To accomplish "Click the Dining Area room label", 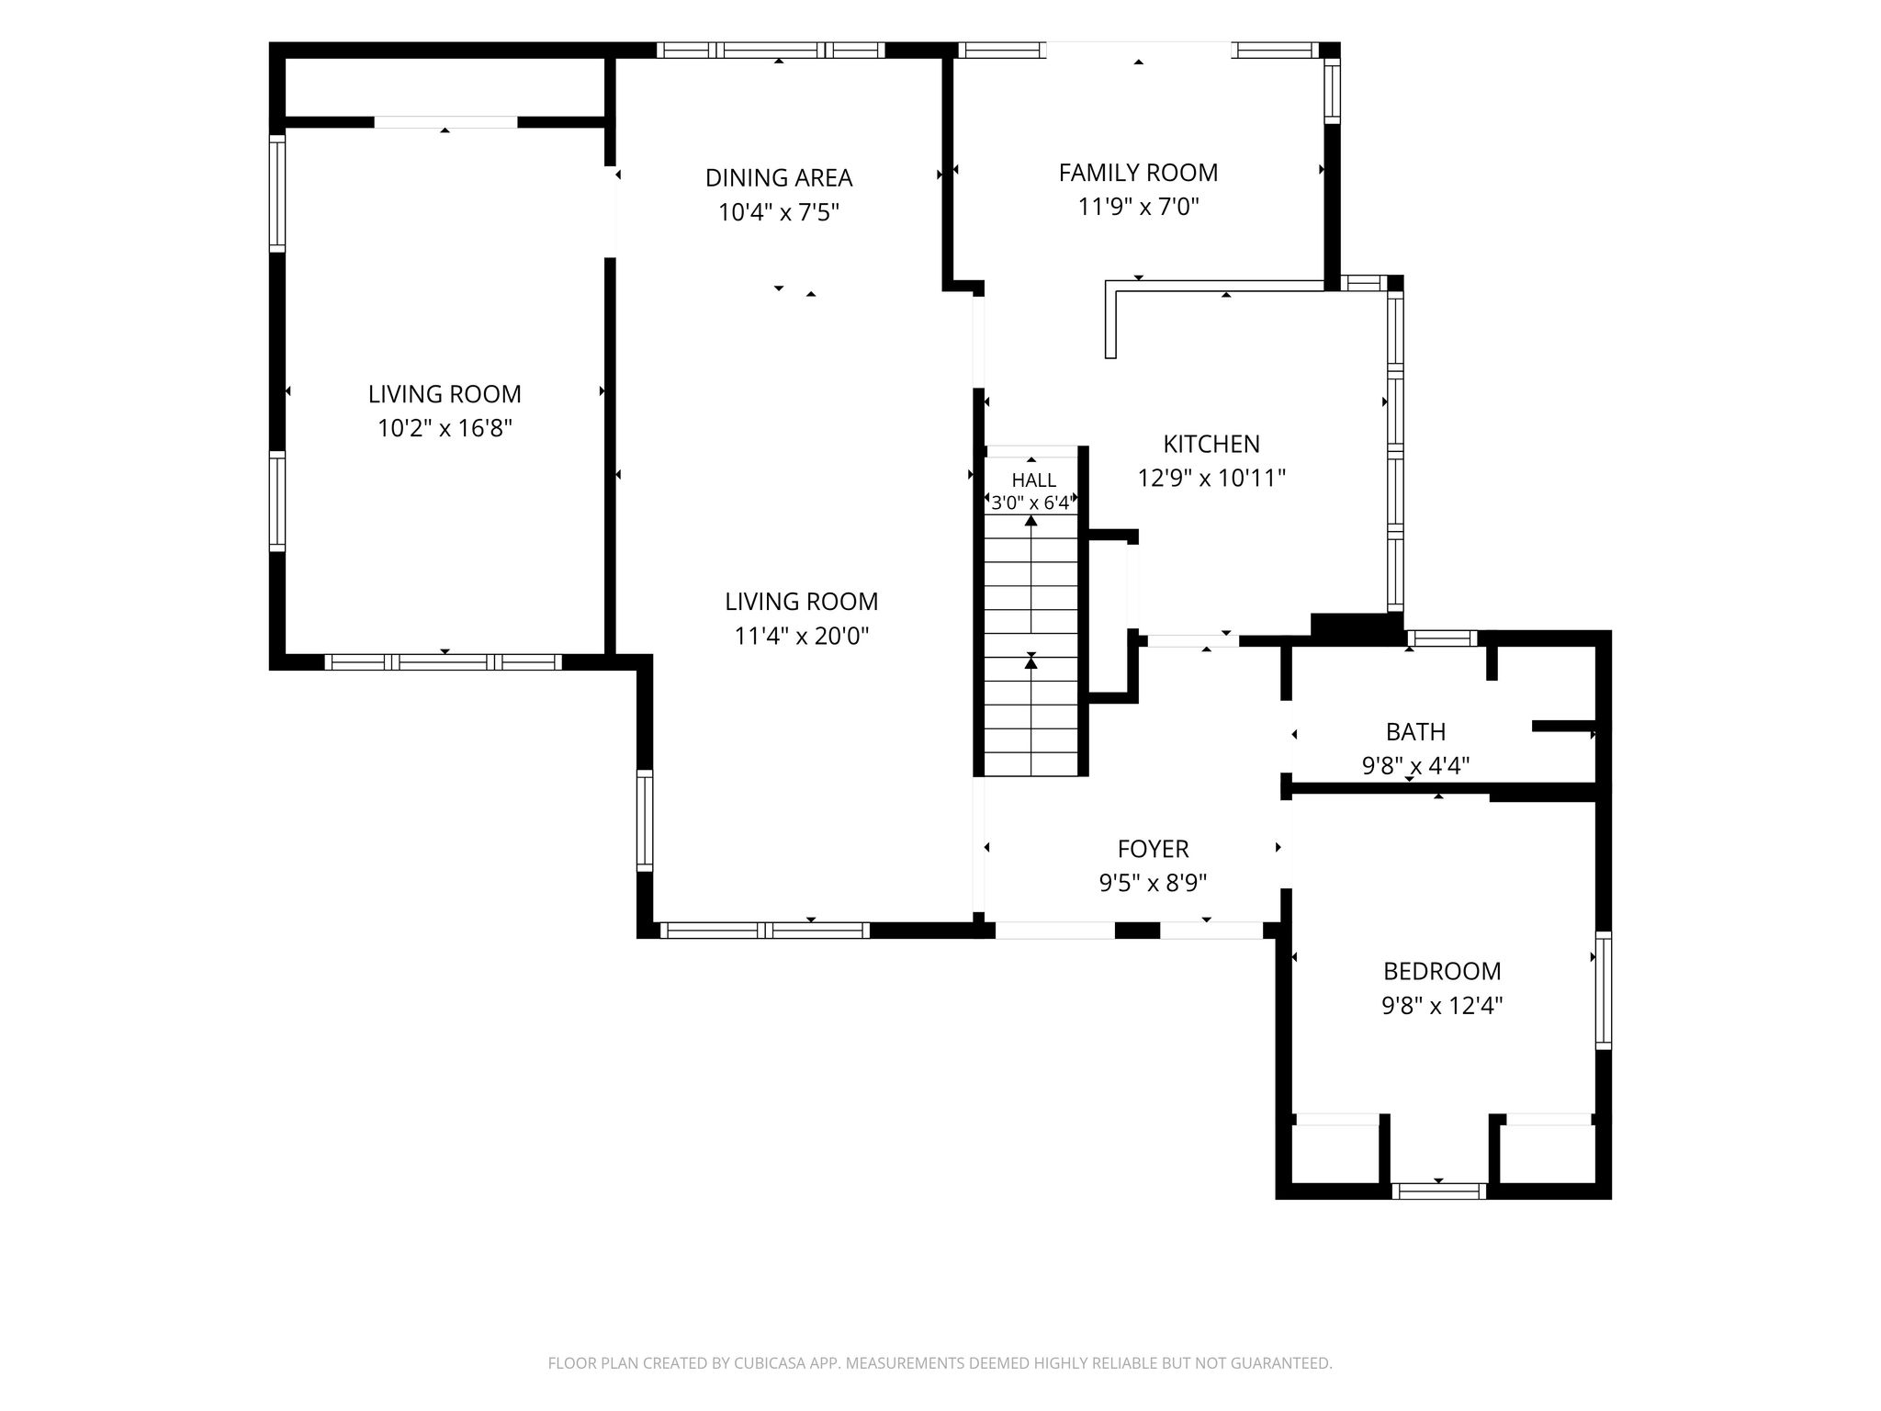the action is pos(779,177).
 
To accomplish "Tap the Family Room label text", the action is pos(1138,173).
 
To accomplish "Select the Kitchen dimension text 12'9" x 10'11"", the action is pos(1211,479).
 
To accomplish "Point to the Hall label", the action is pos(1033,480).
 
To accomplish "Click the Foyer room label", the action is pos(1153,849).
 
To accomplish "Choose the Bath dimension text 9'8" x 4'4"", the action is pos(1415,766).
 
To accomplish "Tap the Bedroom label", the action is pos(1442,971).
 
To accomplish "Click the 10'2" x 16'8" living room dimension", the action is pos(445,429).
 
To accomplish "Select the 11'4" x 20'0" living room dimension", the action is pos(801,637).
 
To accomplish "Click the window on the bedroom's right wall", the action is pos(1604,990).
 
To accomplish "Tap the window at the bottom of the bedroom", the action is pos(1438,1191).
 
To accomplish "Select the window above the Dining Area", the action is pos(771,51).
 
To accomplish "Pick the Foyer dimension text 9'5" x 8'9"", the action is pos(1153,884).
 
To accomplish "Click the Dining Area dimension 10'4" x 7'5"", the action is pos(779,213).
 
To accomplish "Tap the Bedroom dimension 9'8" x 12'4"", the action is pos(1442,1006).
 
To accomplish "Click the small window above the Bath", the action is pos(1442,638).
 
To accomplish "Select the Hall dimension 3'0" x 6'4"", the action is pos(1031,503).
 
